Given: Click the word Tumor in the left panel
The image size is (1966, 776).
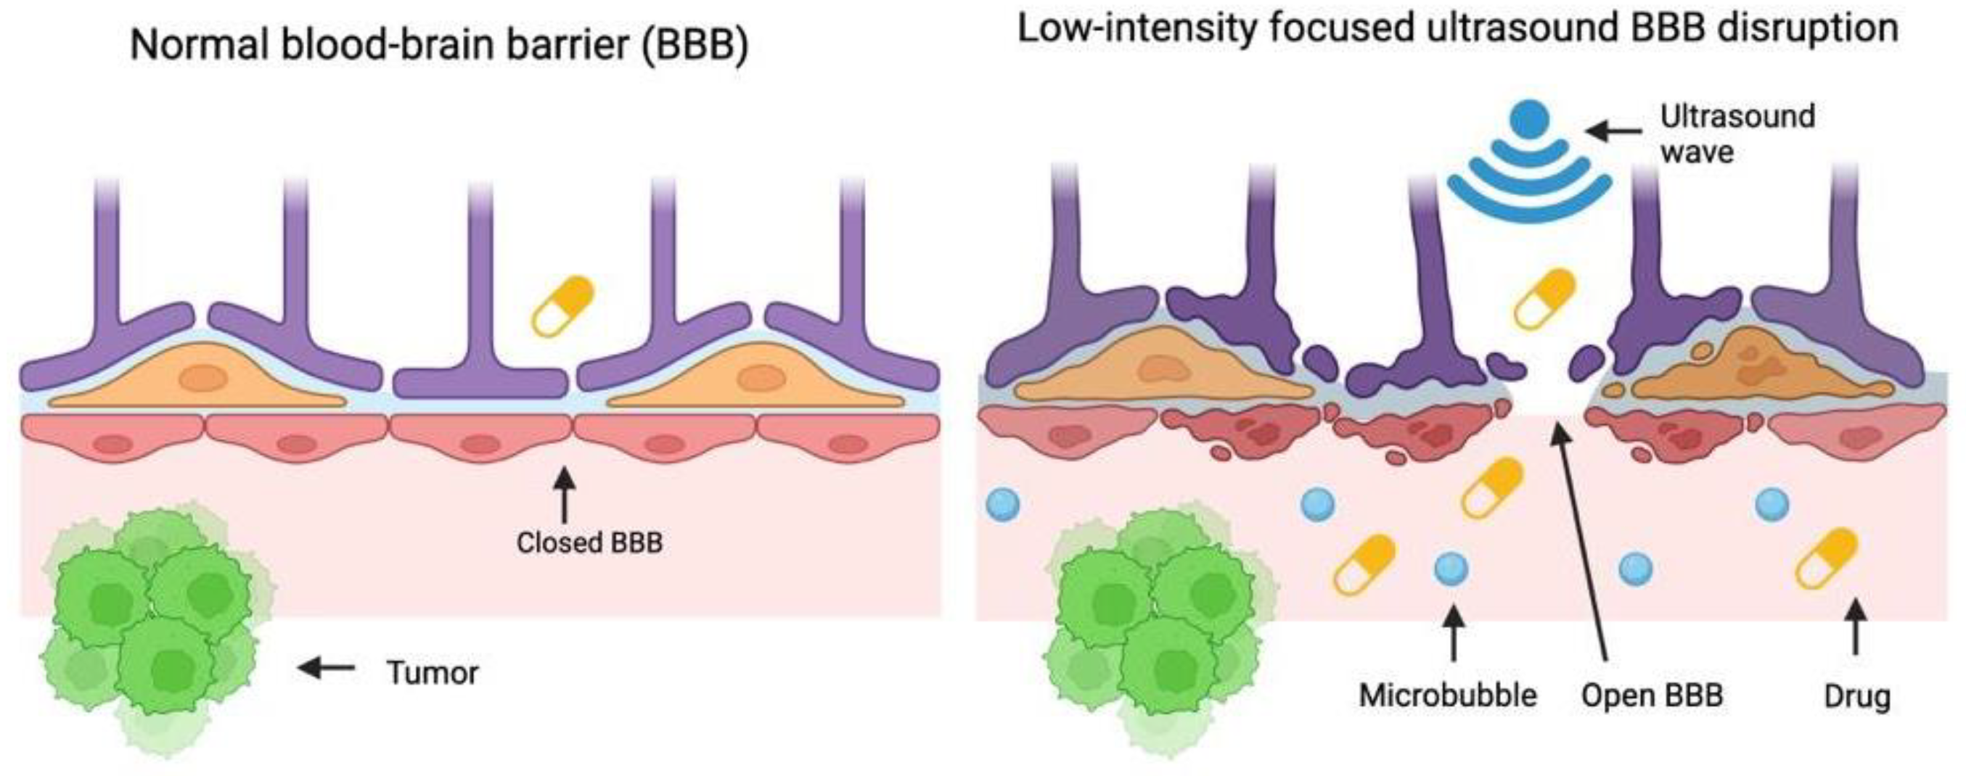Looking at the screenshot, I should pos(433,672).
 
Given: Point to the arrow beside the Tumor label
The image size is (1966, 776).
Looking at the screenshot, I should pos(327,669).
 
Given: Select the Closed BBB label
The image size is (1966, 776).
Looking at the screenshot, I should pos(589,542).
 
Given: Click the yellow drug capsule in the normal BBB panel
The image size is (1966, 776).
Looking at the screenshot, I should pos(563,306).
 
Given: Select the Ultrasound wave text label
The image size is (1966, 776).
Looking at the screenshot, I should pos(1737,133).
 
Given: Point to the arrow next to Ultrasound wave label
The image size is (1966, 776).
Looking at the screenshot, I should pos(1613,131).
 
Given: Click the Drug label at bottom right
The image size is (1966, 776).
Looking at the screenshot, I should pos(1857,696).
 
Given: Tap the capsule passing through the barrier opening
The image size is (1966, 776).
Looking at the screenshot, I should pos(1544,299).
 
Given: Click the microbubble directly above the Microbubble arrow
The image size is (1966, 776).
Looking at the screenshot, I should pos(1451,569).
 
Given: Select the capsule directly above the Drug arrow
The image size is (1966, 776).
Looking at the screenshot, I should pos(1827,559).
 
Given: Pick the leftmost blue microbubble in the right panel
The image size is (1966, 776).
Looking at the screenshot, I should pos(1003,504).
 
